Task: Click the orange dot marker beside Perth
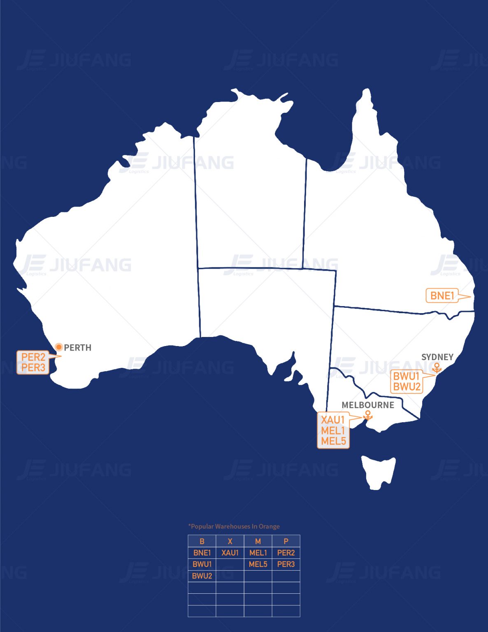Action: click(59, 347)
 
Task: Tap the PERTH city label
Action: click(78, 348)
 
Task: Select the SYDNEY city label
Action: click(437, 357)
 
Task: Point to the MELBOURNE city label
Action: click(367, 405)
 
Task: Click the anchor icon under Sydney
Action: click(437, 368)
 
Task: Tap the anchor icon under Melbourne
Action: click(368, 416)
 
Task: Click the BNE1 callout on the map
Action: click(442, 295)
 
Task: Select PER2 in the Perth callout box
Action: click(33, 357)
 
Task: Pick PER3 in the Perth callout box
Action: click(33, 367)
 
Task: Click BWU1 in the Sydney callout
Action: click(406, 376)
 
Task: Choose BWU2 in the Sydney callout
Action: click(407, 387)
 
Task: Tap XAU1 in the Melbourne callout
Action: click(332, 420)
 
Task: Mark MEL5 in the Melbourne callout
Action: click(333, 441)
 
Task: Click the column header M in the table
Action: click(258, 541)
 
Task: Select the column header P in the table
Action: click(286, 541)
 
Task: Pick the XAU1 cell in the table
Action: click(230, 553)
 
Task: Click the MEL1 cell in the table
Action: click(258, 553)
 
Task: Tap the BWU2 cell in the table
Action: click(202, 576)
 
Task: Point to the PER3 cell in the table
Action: click(286, 564)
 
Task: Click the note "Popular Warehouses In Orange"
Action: click(234, 526)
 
